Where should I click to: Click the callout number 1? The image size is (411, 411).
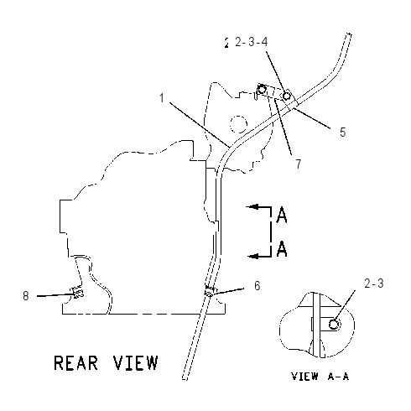(x=162, y=98)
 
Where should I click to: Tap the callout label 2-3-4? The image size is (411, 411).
(x=252, y=42)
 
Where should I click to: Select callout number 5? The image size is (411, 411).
(x=343, y=132)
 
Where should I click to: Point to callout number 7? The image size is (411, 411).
(x=299, y=164)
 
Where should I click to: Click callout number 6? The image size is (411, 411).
(x=258, y=285)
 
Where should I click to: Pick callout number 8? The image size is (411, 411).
(x=26, y=295)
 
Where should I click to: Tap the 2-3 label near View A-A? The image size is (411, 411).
(x=374, y=284)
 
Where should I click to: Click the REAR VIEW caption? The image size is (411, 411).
(x=106, y=362)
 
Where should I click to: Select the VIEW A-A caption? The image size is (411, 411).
(x=320, y=377)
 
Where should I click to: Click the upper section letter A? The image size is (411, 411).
(x=282, y=215)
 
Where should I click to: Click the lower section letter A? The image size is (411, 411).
(x=282, y=248)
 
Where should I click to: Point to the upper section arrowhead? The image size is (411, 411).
(x=252, y=207)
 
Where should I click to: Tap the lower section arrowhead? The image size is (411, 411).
(x=253, y=256)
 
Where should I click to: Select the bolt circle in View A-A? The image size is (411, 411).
(x=334, y=325)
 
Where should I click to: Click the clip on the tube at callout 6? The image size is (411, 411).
(x=210, y=292)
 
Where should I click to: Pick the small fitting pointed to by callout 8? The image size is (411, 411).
(x=77, y=292)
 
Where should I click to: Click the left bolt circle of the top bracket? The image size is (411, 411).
(x=262, y=90)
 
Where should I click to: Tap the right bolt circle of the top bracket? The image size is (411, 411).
(x=286, y=96)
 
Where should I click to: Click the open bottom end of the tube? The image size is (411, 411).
(x=185, y=379)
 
